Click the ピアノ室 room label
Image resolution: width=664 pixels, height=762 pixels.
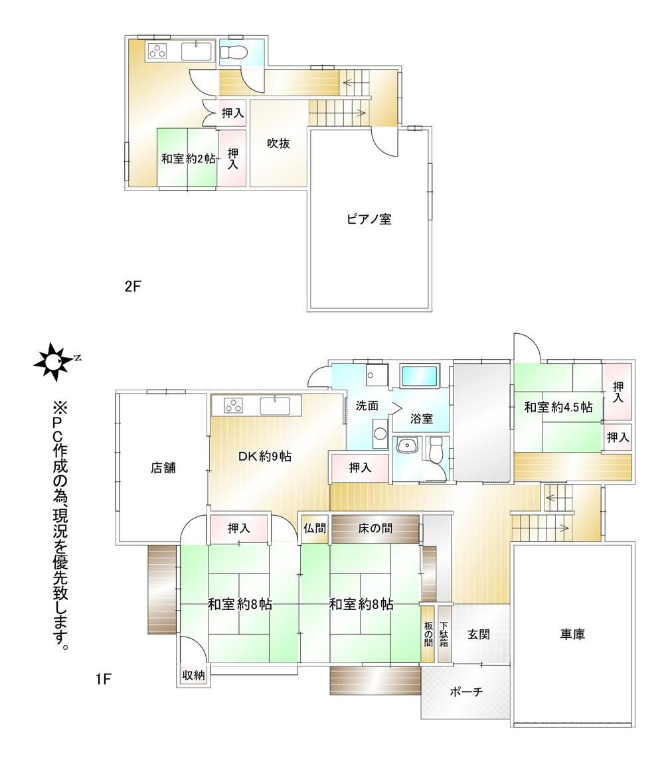369,219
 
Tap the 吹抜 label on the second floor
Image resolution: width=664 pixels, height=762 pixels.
278,143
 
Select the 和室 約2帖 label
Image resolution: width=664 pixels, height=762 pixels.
188,159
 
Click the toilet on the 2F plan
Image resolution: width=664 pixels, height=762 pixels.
234,52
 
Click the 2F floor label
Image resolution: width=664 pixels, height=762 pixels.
132,286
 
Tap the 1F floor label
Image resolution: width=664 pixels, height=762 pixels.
104,678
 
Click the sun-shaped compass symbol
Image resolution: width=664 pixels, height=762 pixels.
52,362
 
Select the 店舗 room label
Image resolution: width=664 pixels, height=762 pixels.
163,468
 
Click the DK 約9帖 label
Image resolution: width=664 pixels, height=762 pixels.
265,456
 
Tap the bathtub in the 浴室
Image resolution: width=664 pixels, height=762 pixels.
420,376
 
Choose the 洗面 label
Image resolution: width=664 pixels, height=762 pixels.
367,406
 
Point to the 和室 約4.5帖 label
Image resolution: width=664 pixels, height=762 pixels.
558,407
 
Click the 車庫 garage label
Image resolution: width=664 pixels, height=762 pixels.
572,634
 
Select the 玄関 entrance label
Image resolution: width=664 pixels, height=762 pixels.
479,634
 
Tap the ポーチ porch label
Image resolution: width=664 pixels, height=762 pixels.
466,692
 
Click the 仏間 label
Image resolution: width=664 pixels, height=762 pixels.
315,528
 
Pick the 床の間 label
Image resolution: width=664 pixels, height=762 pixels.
375,528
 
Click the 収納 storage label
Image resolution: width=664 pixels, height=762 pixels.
194,675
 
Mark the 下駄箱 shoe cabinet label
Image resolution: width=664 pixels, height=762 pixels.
444,635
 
